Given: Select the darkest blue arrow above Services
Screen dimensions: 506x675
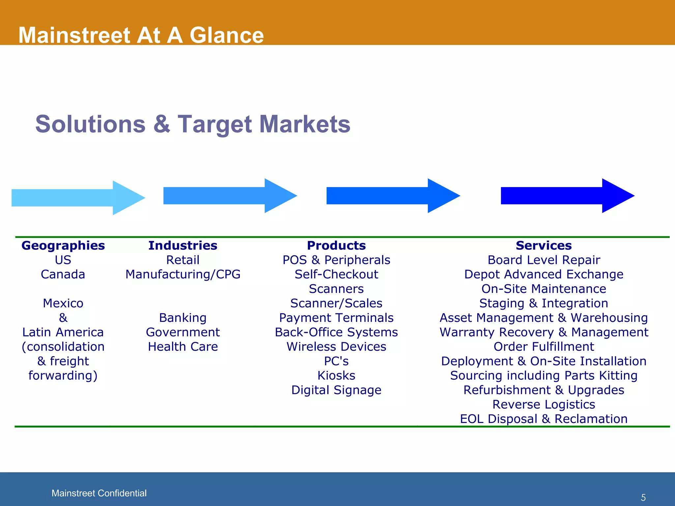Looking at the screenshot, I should click(567, 196).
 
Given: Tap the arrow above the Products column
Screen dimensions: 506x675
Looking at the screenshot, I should click(392, 196).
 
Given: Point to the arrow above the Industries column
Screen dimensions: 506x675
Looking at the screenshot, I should click(229, 196).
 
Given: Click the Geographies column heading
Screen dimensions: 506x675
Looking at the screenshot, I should click(63, 246).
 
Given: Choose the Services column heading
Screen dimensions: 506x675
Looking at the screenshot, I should click(543, 246).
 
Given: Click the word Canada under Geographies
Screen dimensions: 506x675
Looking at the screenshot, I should click(63, 274).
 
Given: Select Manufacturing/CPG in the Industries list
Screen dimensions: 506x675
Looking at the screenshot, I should click(183, 274).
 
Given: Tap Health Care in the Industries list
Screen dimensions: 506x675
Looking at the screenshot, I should click(183, 347).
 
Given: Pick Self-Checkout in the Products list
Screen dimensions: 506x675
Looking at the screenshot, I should click(336, 274).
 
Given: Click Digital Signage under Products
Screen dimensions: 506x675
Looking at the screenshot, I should click(336, 390).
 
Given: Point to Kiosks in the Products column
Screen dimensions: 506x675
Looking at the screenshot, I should click(336, 376).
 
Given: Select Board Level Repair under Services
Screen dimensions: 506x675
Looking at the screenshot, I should click(543, 260).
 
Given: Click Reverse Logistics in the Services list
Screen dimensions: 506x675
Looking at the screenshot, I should click(543, 405).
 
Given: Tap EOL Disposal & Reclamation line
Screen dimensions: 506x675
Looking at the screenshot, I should click(543, 419).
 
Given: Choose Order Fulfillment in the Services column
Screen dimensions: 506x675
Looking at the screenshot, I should click(543, 347).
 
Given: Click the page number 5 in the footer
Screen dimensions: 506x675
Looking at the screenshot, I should click(643, 497).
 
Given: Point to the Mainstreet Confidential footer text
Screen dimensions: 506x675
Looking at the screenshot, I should click(99, 493).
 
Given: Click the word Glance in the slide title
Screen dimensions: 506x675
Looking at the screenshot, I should click(226, 35).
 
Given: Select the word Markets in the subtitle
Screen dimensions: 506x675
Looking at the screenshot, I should click(305, 124).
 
